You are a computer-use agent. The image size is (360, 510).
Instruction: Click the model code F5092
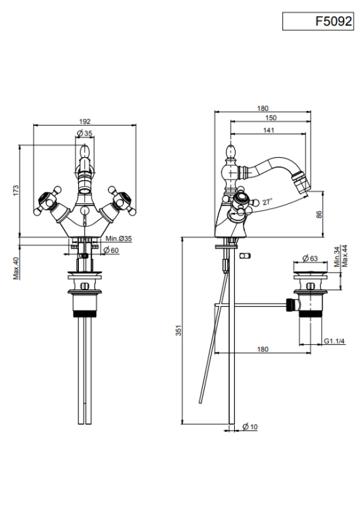[x=333, y=22]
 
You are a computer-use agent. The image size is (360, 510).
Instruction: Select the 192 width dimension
[x=84, y=121]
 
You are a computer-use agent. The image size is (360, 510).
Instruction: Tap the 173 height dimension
[x=16, y=190]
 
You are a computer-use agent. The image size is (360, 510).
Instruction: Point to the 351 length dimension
[x=178, y=330]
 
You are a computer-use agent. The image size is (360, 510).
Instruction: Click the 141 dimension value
[x=269, y=130]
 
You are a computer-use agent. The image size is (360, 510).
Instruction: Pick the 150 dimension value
[x=271, y=118]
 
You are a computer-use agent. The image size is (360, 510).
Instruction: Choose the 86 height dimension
[x=319, y=214]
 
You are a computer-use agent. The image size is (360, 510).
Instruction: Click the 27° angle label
[x=267, y=202]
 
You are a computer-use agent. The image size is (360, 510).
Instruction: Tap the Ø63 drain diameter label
[x=310, y=258]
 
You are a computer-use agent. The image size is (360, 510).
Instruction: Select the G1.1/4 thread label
[x=334, y=341]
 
